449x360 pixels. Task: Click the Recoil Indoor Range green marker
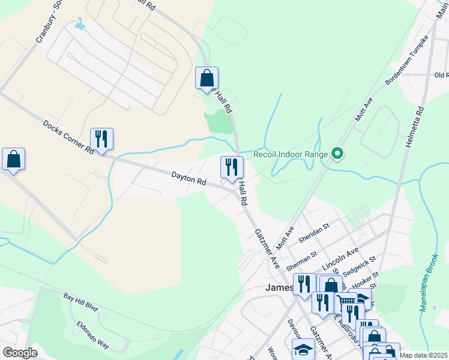[337, 154]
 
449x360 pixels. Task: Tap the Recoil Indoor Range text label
[291, 154]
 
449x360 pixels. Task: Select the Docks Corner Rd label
[68, 137]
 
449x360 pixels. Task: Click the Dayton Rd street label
[188, 179]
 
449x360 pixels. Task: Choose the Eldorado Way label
[92, 335]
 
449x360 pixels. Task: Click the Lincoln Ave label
[340, 257]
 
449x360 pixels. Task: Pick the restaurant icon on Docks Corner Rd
[101, 139]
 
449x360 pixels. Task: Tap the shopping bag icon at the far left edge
[13, 160]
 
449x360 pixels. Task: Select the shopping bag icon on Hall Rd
[206, 78]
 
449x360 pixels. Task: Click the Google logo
[20, 353]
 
